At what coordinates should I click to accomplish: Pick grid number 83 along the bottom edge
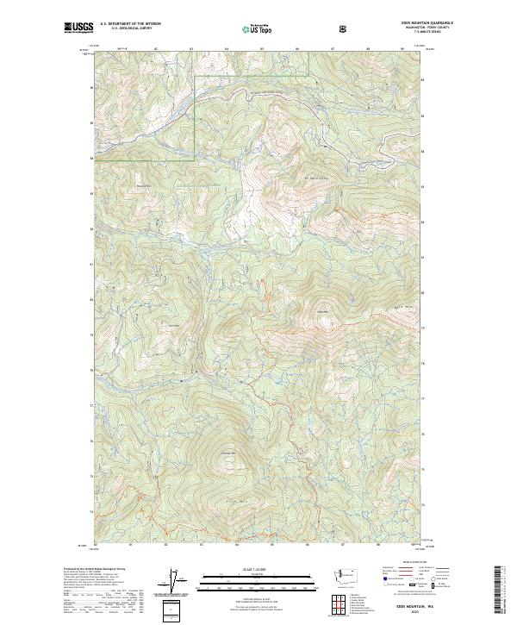pos(201,544)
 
